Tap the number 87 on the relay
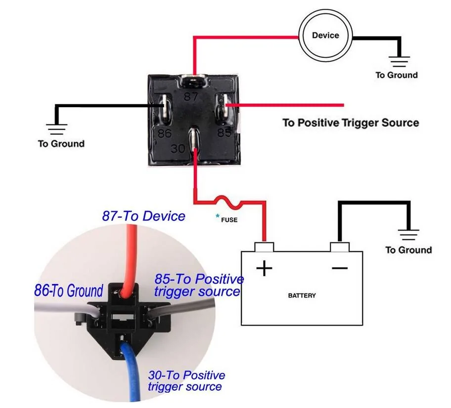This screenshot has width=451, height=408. pos(191,96)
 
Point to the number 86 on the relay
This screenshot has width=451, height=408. pos(165,133)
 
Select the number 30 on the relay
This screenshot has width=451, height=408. pos(178,149)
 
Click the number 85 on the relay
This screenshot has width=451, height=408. pos(225,132)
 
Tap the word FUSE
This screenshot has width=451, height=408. pos(229,220)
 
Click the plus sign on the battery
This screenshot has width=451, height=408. pos(264,268)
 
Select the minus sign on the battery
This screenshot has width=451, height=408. pos(340,268)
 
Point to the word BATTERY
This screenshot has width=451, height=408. pos(302,296)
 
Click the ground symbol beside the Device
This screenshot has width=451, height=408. pos(399,61)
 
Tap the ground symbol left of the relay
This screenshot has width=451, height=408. pos(57,129)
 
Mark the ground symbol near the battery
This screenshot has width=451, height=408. pos(408,235)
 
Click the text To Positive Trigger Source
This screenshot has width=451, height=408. pos(351,122)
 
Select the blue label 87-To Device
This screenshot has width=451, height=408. pos(143,216)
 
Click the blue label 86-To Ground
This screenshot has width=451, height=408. pos(68,290)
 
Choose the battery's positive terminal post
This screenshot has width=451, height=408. pos(264,247)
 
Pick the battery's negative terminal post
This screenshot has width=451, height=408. pos(340,247)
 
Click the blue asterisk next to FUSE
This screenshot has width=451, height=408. pos(218,216)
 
